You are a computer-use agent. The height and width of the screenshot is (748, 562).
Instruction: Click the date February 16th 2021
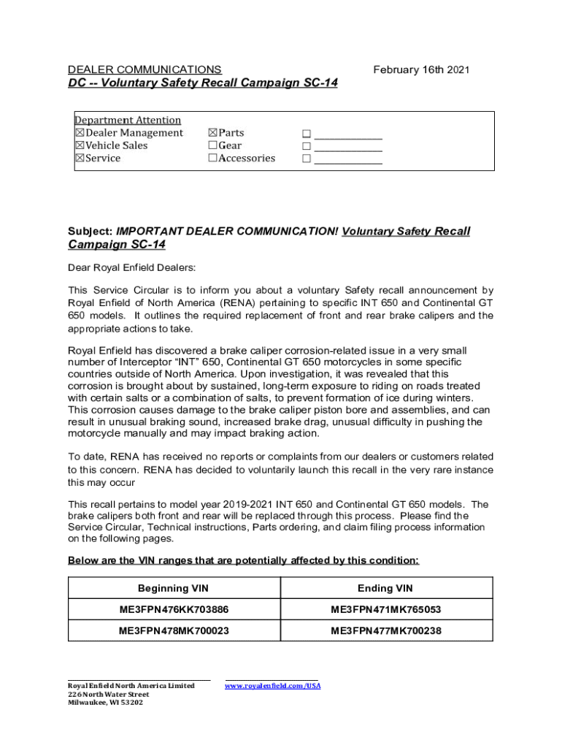[x=421, y=70]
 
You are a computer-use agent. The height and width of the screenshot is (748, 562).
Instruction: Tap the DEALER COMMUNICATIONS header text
[x=145, y=70]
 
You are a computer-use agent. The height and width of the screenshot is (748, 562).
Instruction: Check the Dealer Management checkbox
[x=80, y=133]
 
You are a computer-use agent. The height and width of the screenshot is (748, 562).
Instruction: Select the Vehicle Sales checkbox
[x=80, y=145]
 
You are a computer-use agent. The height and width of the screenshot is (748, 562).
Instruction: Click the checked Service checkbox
[x=80, y=158]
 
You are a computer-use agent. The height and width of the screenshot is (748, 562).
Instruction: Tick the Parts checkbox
[x=212, y=133]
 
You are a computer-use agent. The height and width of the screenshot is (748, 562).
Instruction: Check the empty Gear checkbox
[x=212, y=145]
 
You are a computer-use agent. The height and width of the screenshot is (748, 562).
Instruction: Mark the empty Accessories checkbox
[x=212, y=158]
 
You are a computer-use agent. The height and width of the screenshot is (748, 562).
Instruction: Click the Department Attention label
[x=128, y=120]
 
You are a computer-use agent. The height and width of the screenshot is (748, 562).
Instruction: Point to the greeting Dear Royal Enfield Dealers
[x=132, y=267]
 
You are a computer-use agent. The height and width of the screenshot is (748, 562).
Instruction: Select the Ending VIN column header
[x=385, y=588]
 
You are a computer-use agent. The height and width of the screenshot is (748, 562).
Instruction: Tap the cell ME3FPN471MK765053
[x=385, y=609]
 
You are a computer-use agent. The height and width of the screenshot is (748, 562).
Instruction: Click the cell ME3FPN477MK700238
[x=385, y=630]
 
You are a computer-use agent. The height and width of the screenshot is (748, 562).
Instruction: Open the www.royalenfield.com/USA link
[x=272, y=686]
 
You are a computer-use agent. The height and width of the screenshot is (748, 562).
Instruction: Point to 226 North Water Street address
[x=103, y=695]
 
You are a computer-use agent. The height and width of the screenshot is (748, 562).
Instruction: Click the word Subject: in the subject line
[x=91, y=232]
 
